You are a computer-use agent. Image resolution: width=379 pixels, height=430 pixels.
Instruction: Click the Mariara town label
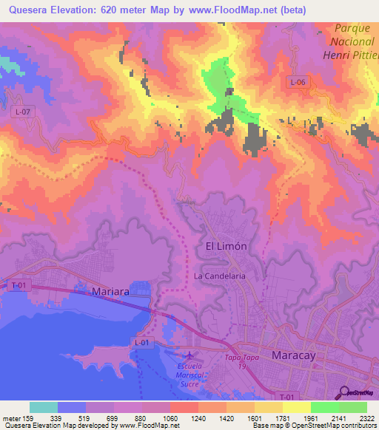(110, 292)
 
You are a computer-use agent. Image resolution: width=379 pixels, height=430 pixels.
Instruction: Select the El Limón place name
(225, 245)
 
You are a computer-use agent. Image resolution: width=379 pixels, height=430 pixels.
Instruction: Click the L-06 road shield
(297, 83)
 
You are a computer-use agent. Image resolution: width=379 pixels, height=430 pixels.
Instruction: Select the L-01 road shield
(143, 342)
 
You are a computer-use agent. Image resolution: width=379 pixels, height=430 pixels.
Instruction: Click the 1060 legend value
(170, 417)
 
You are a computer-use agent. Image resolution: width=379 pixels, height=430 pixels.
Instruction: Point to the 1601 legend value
(255, 417)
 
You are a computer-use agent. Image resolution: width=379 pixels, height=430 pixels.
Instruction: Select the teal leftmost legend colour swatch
(44, 407)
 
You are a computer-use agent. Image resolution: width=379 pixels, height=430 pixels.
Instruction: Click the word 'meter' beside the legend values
(11, 417)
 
